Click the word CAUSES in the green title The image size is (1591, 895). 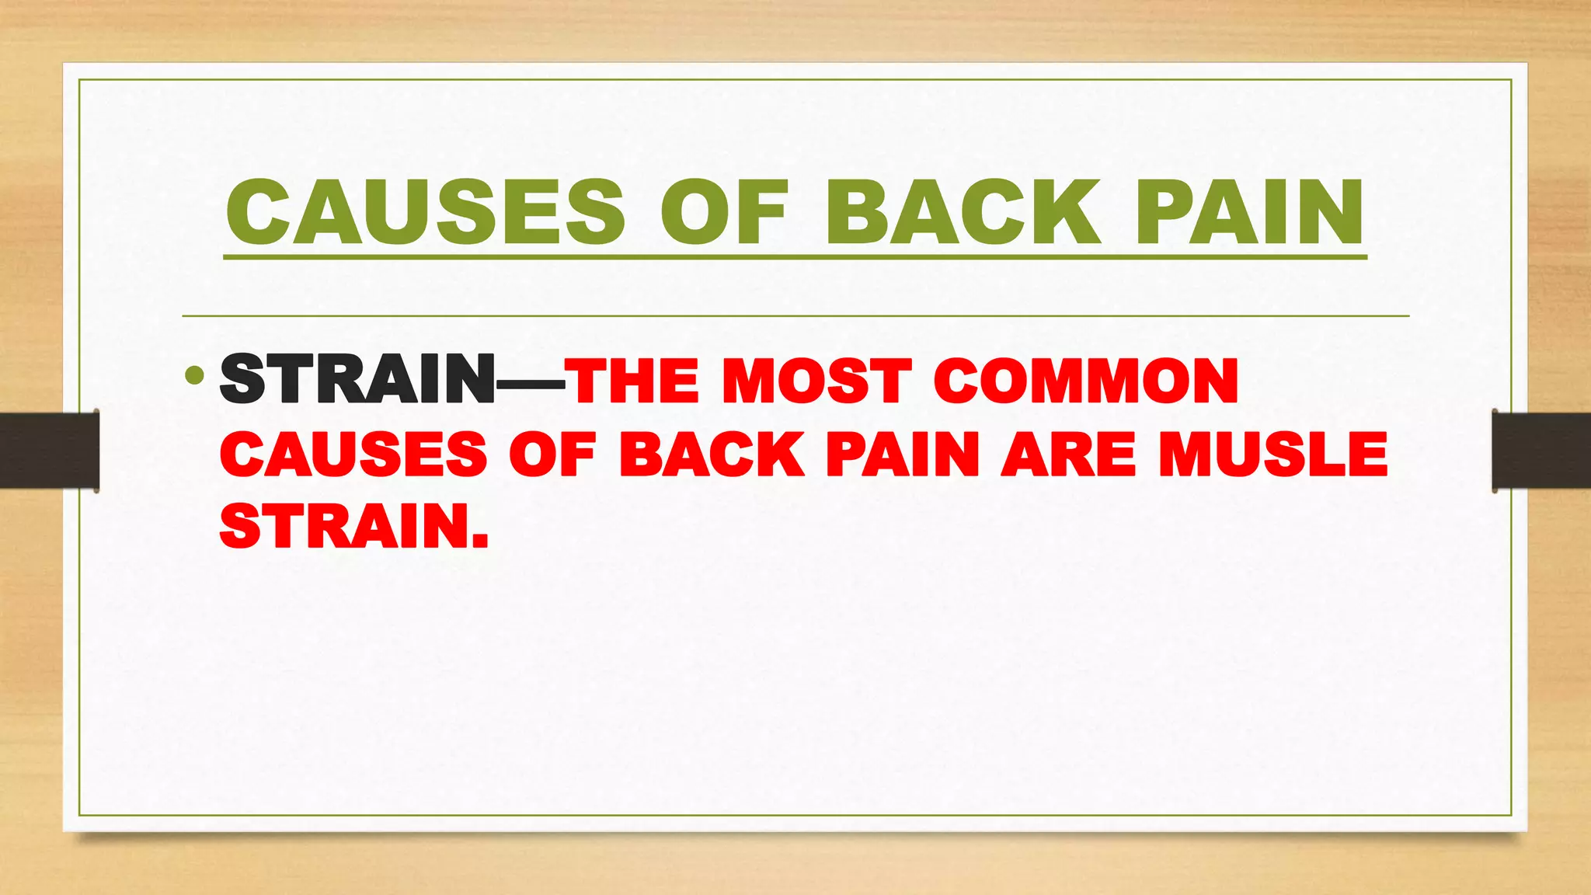(x=425, y=212)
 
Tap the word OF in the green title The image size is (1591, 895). (x=724, y=212)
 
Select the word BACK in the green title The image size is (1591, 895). (x=963, y=212)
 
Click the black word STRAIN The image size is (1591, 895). (x=357, y=379)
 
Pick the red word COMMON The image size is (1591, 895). (x=1085, y=381)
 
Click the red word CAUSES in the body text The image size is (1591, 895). (x=353, y=454)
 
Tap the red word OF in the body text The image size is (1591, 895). (x=552, y=454)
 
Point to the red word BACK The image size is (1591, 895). (x=712, y=454)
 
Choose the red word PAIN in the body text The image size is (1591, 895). (x=903, y=454)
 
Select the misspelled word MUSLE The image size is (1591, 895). (x=1272, y=454)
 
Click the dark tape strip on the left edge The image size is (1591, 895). (x=49, y=451)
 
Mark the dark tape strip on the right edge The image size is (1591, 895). (x=1541, y=451)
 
